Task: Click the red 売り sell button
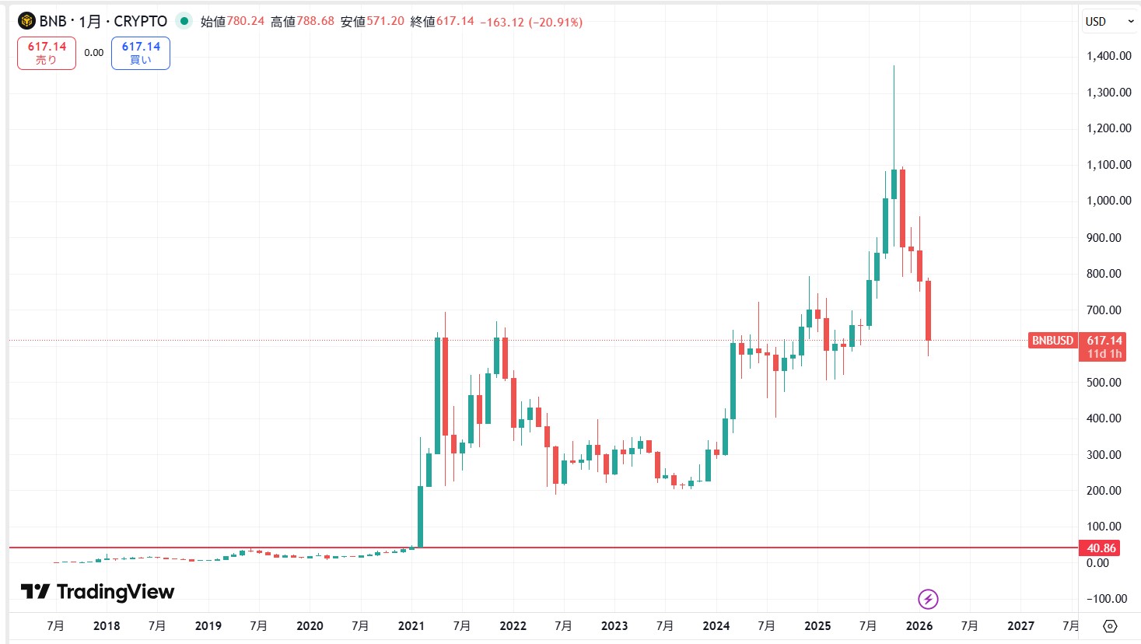47,53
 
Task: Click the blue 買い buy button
141,53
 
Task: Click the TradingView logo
98,592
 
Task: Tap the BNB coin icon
26,21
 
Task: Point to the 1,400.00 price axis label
1108,56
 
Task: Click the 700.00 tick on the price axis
1104,310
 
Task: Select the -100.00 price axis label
1106,598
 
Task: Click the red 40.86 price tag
1101,548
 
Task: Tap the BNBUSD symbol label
1052,341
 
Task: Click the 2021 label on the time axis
411,625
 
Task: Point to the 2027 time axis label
1020,625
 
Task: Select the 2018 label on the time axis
107,625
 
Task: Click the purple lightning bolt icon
928,599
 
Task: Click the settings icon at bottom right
1110,625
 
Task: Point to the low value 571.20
385,21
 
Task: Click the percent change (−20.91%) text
555,22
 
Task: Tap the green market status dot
184,21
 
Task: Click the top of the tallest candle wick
894,66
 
